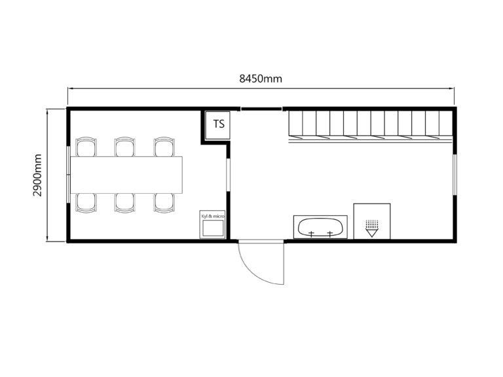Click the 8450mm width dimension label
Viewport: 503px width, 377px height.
261,79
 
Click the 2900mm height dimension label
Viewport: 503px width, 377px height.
37,175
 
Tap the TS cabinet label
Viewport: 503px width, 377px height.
219,124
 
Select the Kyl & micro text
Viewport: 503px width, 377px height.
212,217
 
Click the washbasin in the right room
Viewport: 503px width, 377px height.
320,227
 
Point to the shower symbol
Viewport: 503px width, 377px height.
372,228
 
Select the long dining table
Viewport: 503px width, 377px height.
126,175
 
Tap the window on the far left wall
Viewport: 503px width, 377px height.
68,175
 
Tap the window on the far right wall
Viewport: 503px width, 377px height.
455,174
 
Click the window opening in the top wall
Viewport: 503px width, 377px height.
261,109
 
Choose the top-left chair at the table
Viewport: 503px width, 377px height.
86,147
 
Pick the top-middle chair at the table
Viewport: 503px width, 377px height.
125,147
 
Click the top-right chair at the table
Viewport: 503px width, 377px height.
164,147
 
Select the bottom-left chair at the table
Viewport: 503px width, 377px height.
86,203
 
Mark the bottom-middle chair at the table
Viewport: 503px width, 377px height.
125,203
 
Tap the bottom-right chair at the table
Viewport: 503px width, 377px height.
164,203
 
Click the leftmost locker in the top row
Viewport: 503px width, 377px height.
296,125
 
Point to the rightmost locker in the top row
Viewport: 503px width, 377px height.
445,125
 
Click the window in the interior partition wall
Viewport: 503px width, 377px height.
228,175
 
